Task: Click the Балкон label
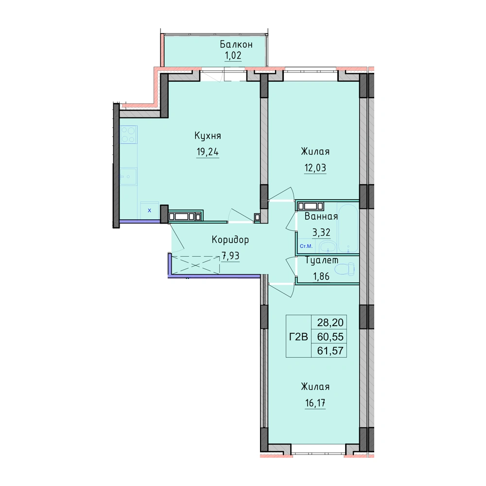click(236, 45)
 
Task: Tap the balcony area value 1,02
click(233, 55)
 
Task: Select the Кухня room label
click(208, 136)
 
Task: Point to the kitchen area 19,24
click(208, 152)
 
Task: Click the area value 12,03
click(315, 168)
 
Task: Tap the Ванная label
click(321, 216)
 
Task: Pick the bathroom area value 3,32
click(321, 232)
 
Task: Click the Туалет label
click(322, 260)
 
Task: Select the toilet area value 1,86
click(321, 276)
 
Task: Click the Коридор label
click(230, 240)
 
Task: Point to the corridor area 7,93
click(230, 256)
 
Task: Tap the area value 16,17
click(315, 403)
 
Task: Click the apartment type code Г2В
click(298, 337)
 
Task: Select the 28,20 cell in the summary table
click(330, 323)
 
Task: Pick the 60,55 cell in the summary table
click(330, 337)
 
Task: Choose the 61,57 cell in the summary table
click(330, 350)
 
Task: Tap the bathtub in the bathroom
click(348, 228)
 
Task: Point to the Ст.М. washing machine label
click(306, 246)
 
